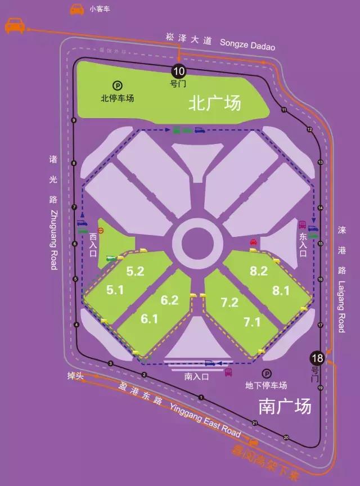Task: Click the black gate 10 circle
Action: click(178, 71)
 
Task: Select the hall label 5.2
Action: click(135, 271)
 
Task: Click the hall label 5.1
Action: click(115, 290)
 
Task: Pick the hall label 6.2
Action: click(169, 300)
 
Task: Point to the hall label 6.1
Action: click(149, 319)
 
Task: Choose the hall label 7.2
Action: click(229, 303)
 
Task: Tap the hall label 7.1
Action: click(251, 322)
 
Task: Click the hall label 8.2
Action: click(259, 271)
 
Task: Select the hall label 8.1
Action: click(281, 290)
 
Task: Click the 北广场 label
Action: click(214, 103)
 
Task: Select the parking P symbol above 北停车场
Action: click(118, 86)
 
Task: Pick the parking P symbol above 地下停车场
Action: click(266, 373)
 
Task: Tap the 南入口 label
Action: click(196, 377)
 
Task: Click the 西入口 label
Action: click(93, 245)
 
